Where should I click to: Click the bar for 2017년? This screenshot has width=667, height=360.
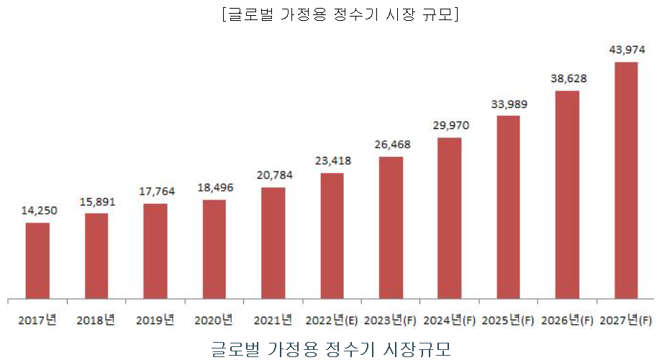coord(37,260)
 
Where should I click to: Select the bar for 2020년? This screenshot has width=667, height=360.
coord(214,248)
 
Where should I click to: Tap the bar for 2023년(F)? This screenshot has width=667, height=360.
coord(391,227)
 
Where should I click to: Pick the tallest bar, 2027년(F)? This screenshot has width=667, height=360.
coord(626,180)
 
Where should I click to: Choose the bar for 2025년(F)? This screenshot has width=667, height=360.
coord(509,207)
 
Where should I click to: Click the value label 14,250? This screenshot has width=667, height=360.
coord(39,210)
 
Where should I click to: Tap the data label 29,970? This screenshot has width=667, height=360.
coord(450,125)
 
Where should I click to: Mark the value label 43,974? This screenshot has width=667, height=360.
coord(627,50)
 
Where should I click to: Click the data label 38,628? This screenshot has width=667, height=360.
coord(568,78)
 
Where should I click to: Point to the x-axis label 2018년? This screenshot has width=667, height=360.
coord(96,319)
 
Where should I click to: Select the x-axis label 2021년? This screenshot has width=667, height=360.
coord(273,319)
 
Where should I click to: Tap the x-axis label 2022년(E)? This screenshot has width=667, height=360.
coord(332,319)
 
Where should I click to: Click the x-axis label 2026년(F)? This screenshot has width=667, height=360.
coord(567,319)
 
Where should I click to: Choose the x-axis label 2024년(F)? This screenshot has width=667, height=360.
coord(450,319)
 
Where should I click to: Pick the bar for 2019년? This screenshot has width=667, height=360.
coord(155,251)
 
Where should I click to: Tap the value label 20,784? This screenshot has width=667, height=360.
coord(274,175)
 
